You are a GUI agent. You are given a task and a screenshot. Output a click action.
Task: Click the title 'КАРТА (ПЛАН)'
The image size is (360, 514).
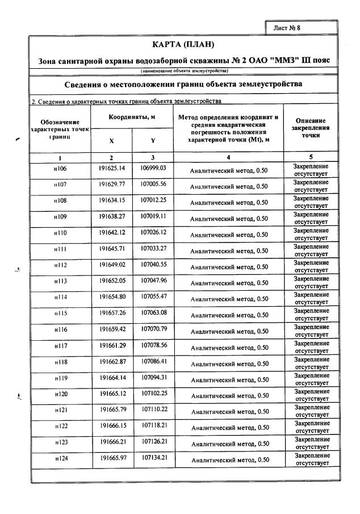tap(184, 44)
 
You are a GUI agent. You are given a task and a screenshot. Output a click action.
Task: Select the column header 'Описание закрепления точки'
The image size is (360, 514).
tap(311, 128)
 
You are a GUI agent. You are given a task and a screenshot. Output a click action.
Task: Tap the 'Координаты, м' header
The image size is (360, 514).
tap(132, 117)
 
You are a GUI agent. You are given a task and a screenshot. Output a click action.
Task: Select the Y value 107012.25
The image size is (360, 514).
tap(153, 200)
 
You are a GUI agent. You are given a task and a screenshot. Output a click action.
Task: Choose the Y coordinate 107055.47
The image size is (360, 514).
tap(153, 296)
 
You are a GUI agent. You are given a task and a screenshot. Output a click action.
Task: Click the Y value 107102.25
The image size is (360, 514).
tap(153, 393)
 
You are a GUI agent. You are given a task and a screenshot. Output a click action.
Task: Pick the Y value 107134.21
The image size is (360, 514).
tap(153, 458)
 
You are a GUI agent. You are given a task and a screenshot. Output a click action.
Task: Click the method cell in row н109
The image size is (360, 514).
tap(229, 218)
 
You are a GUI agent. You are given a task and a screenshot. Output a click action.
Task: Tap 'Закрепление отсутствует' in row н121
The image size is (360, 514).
tap(311, 411)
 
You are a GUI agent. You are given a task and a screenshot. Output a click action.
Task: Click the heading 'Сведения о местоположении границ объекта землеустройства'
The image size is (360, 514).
tap(184, 84)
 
